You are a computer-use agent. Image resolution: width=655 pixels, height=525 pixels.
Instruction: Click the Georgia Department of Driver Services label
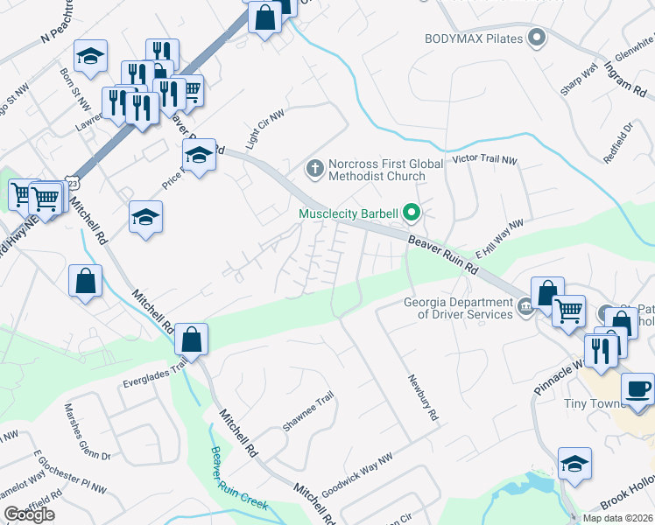(458, 308)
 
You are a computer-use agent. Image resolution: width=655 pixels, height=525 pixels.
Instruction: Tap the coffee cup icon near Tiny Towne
(637, 388)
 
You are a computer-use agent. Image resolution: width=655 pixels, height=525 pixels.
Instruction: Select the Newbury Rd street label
(421, 398)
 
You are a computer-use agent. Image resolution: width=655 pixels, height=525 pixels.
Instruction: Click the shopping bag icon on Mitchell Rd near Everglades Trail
(190, 339)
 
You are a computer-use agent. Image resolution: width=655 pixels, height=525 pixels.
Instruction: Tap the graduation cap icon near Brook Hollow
(574, 463)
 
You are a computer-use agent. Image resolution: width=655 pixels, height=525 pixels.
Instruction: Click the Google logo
(29, 514)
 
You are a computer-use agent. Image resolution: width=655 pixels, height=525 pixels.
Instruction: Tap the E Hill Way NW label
(498, 237)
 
